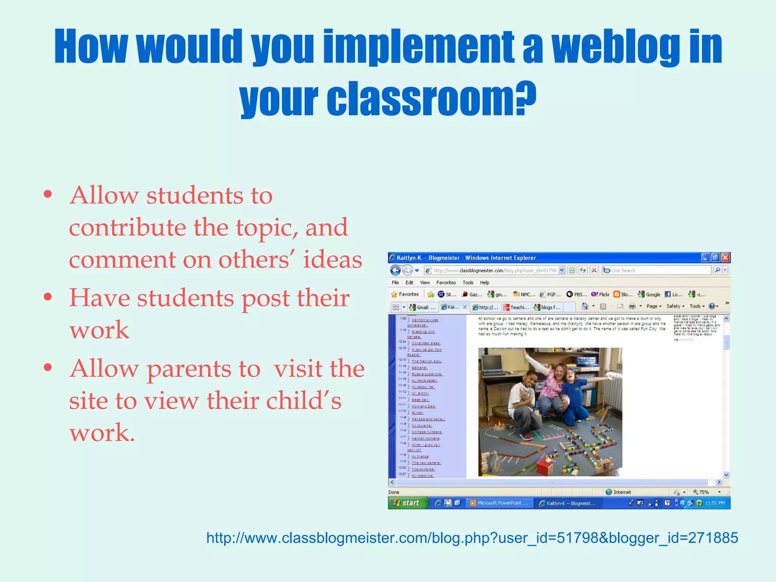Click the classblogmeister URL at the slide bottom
[x=472, y=538]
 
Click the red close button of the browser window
[x=725, y=258]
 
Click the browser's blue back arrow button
[x=395, y=270]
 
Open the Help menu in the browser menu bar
[x=485, y=283]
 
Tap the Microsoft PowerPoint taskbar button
[x=499, y=503]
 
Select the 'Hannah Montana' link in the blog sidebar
[x=426, y=438]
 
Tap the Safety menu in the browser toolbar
[x=673, y=306]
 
